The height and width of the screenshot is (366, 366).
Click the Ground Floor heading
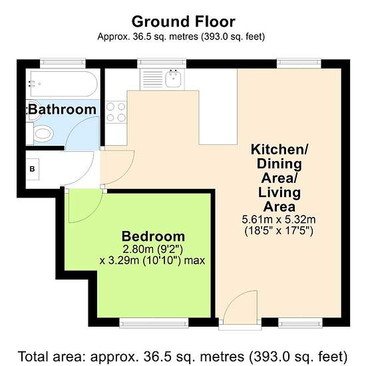point(183,22)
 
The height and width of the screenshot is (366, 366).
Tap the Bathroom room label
point(62,110)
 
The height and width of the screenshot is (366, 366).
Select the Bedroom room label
point(153,236)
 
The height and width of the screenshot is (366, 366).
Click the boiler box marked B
point(33,169)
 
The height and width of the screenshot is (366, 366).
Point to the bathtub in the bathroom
point(64,84)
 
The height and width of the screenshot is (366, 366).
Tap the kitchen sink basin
point(173,79)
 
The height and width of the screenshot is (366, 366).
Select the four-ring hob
point(116,112)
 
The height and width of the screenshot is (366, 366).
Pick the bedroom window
point(154,323)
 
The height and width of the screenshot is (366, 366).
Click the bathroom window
point(63,63)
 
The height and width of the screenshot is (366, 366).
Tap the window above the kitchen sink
point(162,63)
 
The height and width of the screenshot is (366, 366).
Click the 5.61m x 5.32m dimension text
point(279,220)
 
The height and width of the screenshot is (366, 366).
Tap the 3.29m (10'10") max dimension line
point(152,261)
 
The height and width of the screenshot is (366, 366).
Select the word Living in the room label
point(279,193)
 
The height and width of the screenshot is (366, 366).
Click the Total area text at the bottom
point(183,357)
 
